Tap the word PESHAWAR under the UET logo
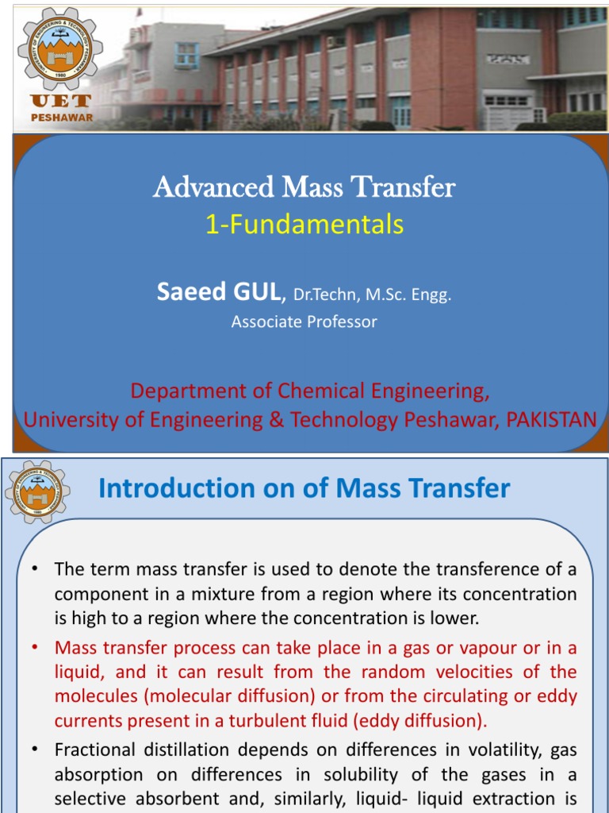(x=61, y=117)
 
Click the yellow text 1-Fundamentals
(x=304, y=225)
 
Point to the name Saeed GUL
(x=219, y=292)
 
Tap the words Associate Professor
(x=304, y=322)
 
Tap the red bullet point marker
(x=36, y=648)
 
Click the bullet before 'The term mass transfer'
(x=36, y=569)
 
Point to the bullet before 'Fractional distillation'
(x=36, y=749)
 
